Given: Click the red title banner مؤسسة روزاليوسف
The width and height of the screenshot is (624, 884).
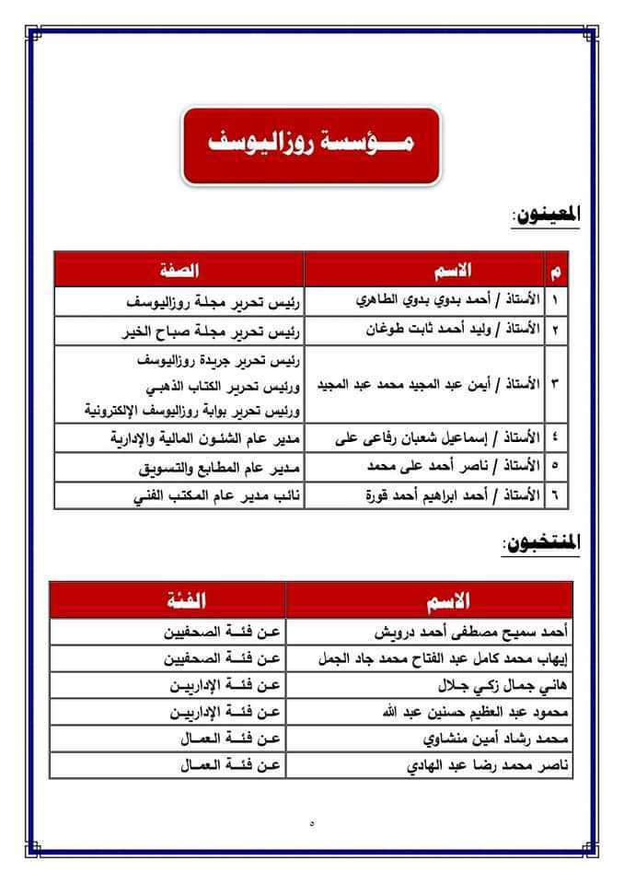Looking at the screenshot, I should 312,145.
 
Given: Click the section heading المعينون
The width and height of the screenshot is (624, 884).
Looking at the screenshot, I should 547,216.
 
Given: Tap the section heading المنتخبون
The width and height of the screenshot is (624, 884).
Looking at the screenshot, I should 542,544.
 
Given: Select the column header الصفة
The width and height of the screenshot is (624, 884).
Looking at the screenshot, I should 179,269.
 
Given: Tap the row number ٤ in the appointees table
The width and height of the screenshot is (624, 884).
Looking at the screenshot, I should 557,438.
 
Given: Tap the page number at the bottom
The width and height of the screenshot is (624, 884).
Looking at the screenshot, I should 312,822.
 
